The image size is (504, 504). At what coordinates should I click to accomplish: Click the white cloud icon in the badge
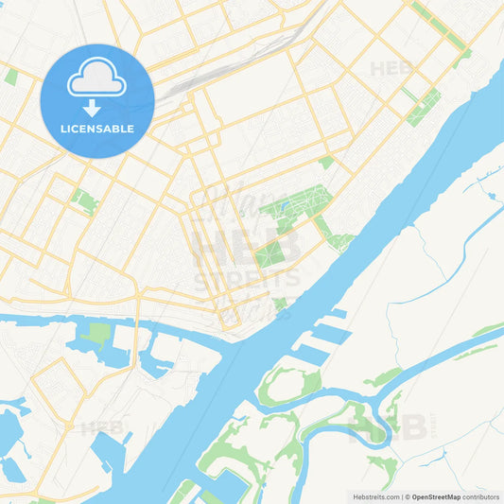coord(97,78)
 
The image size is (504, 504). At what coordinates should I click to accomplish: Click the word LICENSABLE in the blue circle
coord(97,129)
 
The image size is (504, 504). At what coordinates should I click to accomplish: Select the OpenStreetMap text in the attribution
coord(436,496)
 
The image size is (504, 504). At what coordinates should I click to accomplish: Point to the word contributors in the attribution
coord(481,496)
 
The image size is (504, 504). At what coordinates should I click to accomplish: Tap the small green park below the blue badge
coord(85,200)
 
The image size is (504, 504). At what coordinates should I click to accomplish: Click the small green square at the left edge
coord(10,77)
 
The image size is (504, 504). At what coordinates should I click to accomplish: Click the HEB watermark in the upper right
coord(391,68)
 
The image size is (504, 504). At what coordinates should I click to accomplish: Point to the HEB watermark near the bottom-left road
coord(102,428)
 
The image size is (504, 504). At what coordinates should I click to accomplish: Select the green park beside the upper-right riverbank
coord(424,107)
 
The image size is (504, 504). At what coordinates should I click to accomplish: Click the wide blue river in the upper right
coord(444,151)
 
